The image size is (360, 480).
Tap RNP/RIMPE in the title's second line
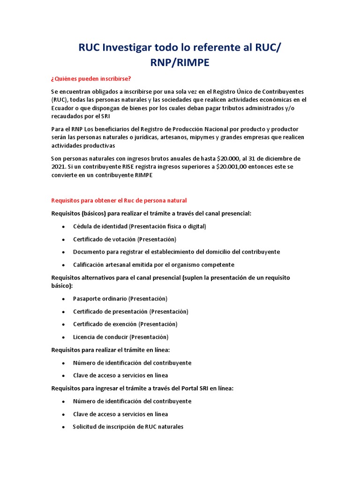(180, 63)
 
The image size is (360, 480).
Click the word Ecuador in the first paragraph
(63, 108)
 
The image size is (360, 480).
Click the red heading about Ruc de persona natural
(119, 201)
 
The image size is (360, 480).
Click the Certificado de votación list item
(124, 239)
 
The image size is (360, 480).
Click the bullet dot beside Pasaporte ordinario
(63, 299)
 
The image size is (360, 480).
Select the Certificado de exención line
(125, 324)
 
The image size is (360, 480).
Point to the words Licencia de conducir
(100, 337)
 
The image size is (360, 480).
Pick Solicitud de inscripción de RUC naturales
(128, 427)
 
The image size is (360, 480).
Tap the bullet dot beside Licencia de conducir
(63, 337)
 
